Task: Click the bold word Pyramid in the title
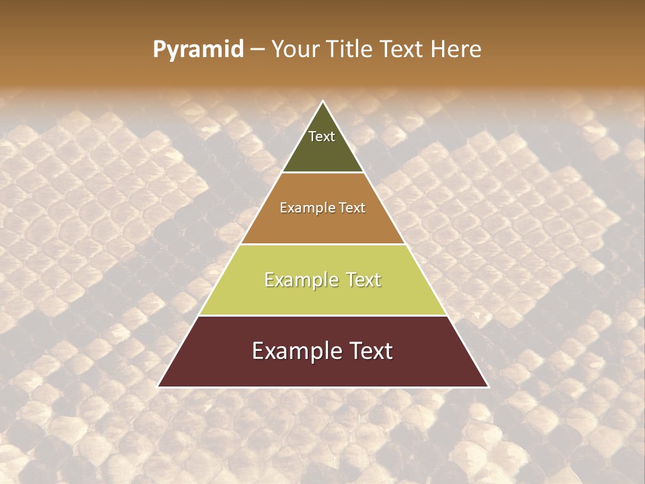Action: coord(198,50)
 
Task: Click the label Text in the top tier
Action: coord(322,136)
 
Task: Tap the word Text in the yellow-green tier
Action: coord(363,280)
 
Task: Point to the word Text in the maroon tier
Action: coord(369,351)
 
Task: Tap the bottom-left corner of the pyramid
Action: coord(159,387)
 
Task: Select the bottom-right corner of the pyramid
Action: coord(488,387)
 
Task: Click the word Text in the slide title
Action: coord(405,50)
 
